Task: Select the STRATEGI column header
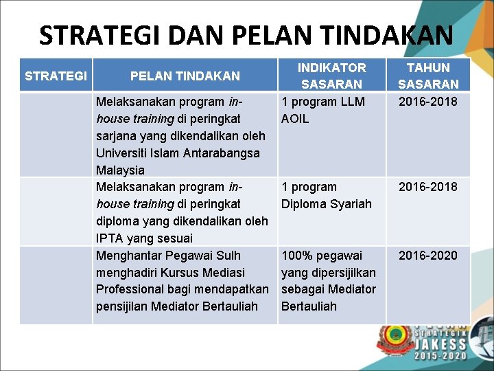coord(56,76)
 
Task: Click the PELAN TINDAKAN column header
coord(185,76)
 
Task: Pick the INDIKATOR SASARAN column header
coord(331,76)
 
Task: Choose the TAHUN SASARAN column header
coord(428,76)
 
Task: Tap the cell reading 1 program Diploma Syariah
coord(326,195)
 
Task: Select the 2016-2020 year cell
coord(428,256)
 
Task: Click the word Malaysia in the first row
coord(120,170)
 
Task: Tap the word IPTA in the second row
coord(110,238)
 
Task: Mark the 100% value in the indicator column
coord(296,256)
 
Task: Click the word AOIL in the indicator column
coord(295,119)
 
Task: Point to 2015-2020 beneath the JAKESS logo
coord(440,355)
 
